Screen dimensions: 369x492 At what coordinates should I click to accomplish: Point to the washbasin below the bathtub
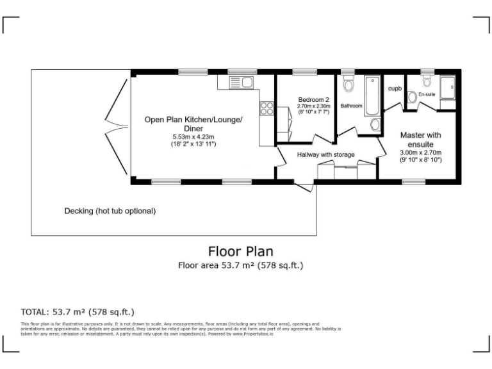pyautogui.click(x=375, y=124)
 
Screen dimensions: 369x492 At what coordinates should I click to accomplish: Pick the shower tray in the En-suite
pyautogui.click(x=447, y=85)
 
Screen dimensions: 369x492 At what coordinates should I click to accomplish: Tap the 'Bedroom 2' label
pyautogui.click(x=314, y=99)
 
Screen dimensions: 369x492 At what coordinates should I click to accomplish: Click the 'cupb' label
pyautogui.click(x=394, y=88)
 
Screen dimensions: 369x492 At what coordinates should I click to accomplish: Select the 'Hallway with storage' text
pyautogui.click(x=325, y=154)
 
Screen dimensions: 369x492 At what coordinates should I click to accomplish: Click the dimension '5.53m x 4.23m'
pyautogui.click(x=193, y=137)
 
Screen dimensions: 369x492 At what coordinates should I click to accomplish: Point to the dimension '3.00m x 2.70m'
pyautogui.click(x=420, y=153)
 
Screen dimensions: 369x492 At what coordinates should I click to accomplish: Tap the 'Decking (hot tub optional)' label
pyautogui.click(x=110, y=211)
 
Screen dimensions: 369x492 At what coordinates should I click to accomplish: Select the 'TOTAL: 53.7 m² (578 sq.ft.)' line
pyautogui.click(x=78, y=312)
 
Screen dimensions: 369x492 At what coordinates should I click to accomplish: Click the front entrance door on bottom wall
pyautogui.click(x=304, y=186)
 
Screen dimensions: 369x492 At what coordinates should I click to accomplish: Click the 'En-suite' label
pyautogui.click(x=426, y=95)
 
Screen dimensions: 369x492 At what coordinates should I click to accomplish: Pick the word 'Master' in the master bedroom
pyautogui.click(x=412, y=135)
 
